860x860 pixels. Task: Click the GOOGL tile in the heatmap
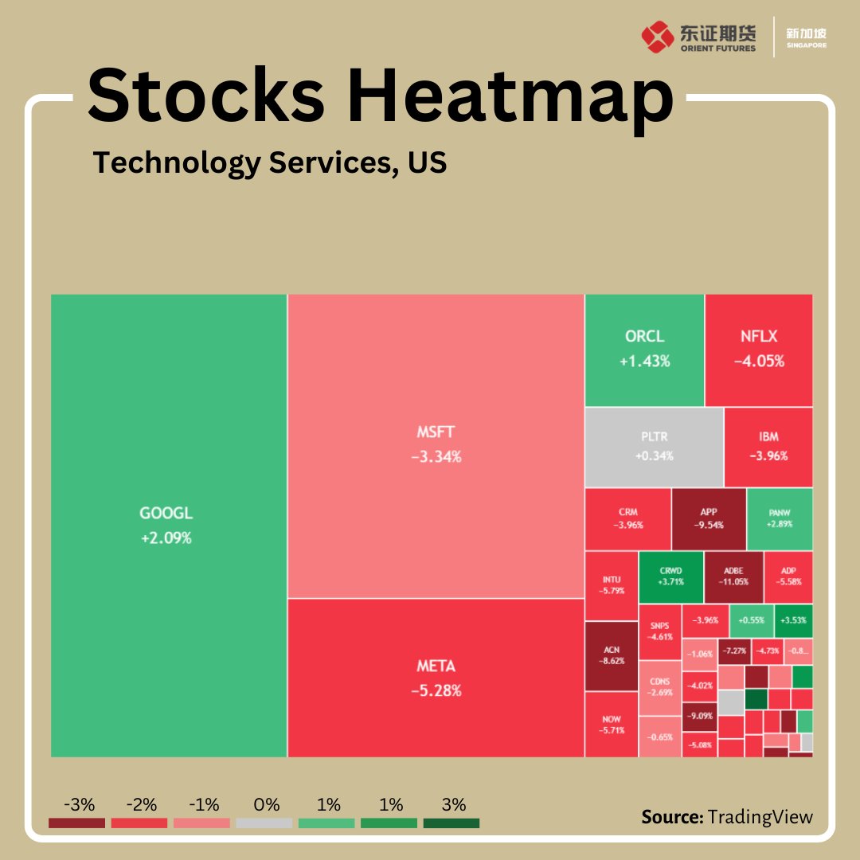coord(168,526)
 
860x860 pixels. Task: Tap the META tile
coord(436,678)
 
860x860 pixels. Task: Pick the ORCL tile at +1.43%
coord(644,350)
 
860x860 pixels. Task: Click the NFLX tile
coord(759,350)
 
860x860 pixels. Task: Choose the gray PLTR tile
coord(654,447)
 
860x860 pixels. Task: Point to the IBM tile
coord(768,447)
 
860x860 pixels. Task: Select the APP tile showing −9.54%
coord(709,518)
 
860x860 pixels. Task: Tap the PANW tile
coord(780,518)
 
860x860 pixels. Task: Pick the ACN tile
coord(611,656)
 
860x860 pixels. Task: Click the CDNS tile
coord(659,687)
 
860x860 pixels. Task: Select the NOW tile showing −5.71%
coord(611,725)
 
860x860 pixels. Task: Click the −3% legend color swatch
coord(76,823)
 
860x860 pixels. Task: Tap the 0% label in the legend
coord(266,804)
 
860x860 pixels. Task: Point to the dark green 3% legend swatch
coord(451,823)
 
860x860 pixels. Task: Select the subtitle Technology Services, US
coord(270,162)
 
